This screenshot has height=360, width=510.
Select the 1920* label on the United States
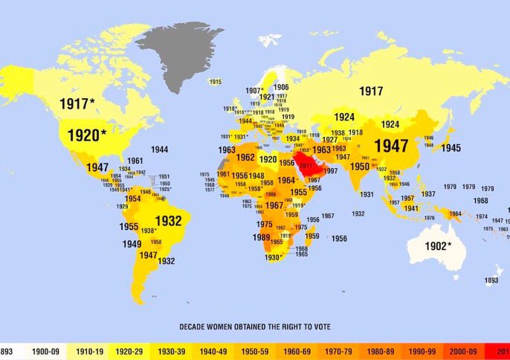tap(87, 135)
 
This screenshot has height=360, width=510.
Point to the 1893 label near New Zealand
tap(491, 280)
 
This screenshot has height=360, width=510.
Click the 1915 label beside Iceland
tap(215, 82)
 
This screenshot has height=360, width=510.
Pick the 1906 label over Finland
tap(281, 87)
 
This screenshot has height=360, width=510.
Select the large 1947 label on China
tap(391, 146)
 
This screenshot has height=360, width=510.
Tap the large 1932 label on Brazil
tap(168, 221)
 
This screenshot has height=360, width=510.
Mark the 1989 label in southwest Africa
tap(261, 237)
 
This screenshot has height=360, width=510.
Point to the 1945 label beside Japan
tap(451, 148)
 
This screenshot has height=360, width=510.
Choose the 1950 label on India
tap(360, 167)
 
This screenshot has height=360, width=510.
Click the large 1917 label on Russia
tap(371, 91)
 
